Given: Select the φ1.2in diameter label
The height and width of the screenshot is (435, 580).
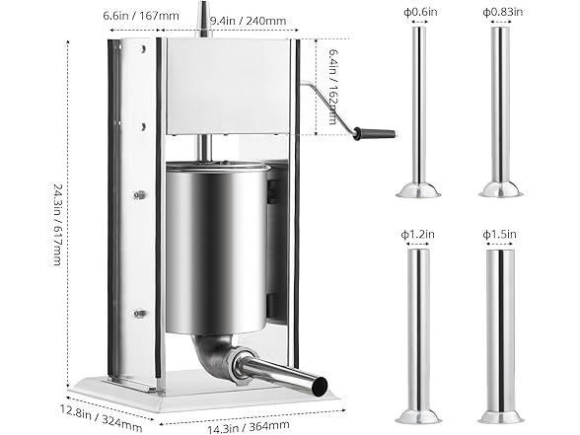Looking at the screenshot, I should point(417,234).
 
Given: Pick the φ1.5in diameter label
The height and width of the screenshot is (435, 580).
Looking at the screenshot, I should point(499,234).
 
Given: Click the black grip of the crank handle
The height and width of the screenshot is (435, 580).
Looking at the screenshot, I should point(374,132).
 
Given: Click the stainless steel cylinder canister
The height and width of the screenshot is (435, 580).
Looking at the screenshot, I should point(216,247).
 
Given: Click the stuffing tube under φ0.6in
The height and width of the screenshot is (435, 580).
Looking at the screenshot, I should point(418,109).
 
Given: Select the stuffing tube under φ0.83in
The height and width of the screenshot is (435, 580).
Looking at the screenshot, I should point(500,109).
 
